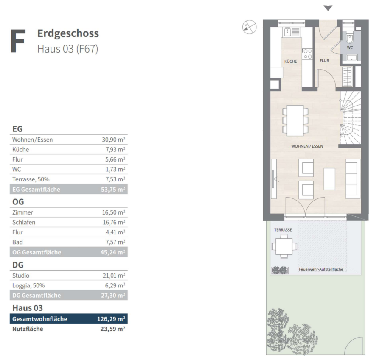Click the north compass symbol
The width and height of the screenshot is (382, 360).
click(x=249, y=27)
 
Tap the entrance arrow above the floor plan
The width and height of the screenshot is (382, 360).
click(x=328, y=8)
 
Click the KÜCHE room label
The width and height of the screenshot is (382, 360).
click(x=290, y=61)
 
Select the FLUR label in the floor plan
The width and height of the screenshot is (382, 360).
click(x=324, y=61)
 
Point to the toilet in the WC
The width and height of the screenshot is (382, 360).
click(x=350, y=38)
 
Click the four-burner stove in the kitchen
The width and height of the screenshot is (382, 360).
click(x=307, y=54)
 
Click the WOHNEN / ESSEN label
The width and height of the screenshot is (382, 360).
click(x=307, y=146)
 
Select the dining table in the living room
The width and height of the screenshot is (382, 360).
click(x=295, y=120)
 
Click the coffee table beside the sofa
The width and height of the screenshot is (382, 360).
click(x=329, y=179)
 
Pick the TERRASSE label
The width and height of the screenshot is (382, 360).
click(x=283, y=230)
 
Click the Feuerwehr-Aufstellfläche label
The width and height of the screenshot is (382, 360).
click(x=321, y=269)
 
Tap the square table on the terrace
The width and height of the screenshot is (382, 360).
click(x=284, y=246)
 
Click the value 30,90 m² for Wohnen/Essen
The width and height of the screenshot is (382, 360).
click(x=113, y=140)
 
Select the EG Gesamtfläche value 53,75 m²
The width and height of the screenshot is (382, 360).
click(x=113, y=189)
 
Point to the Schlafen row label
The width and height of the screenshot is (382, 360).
click(x=24, y=222)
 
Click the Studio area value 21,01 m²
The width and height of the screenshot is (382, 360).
click(x=114, y=275)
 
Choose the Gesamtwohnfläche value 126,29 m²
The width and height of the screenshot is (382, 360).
click(x=111, y=318)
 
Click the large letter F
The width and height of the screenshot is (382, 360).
click(x=18, y=41)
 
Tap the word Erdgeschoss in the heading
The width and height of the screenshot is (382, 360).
click(x=68, y=33)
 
